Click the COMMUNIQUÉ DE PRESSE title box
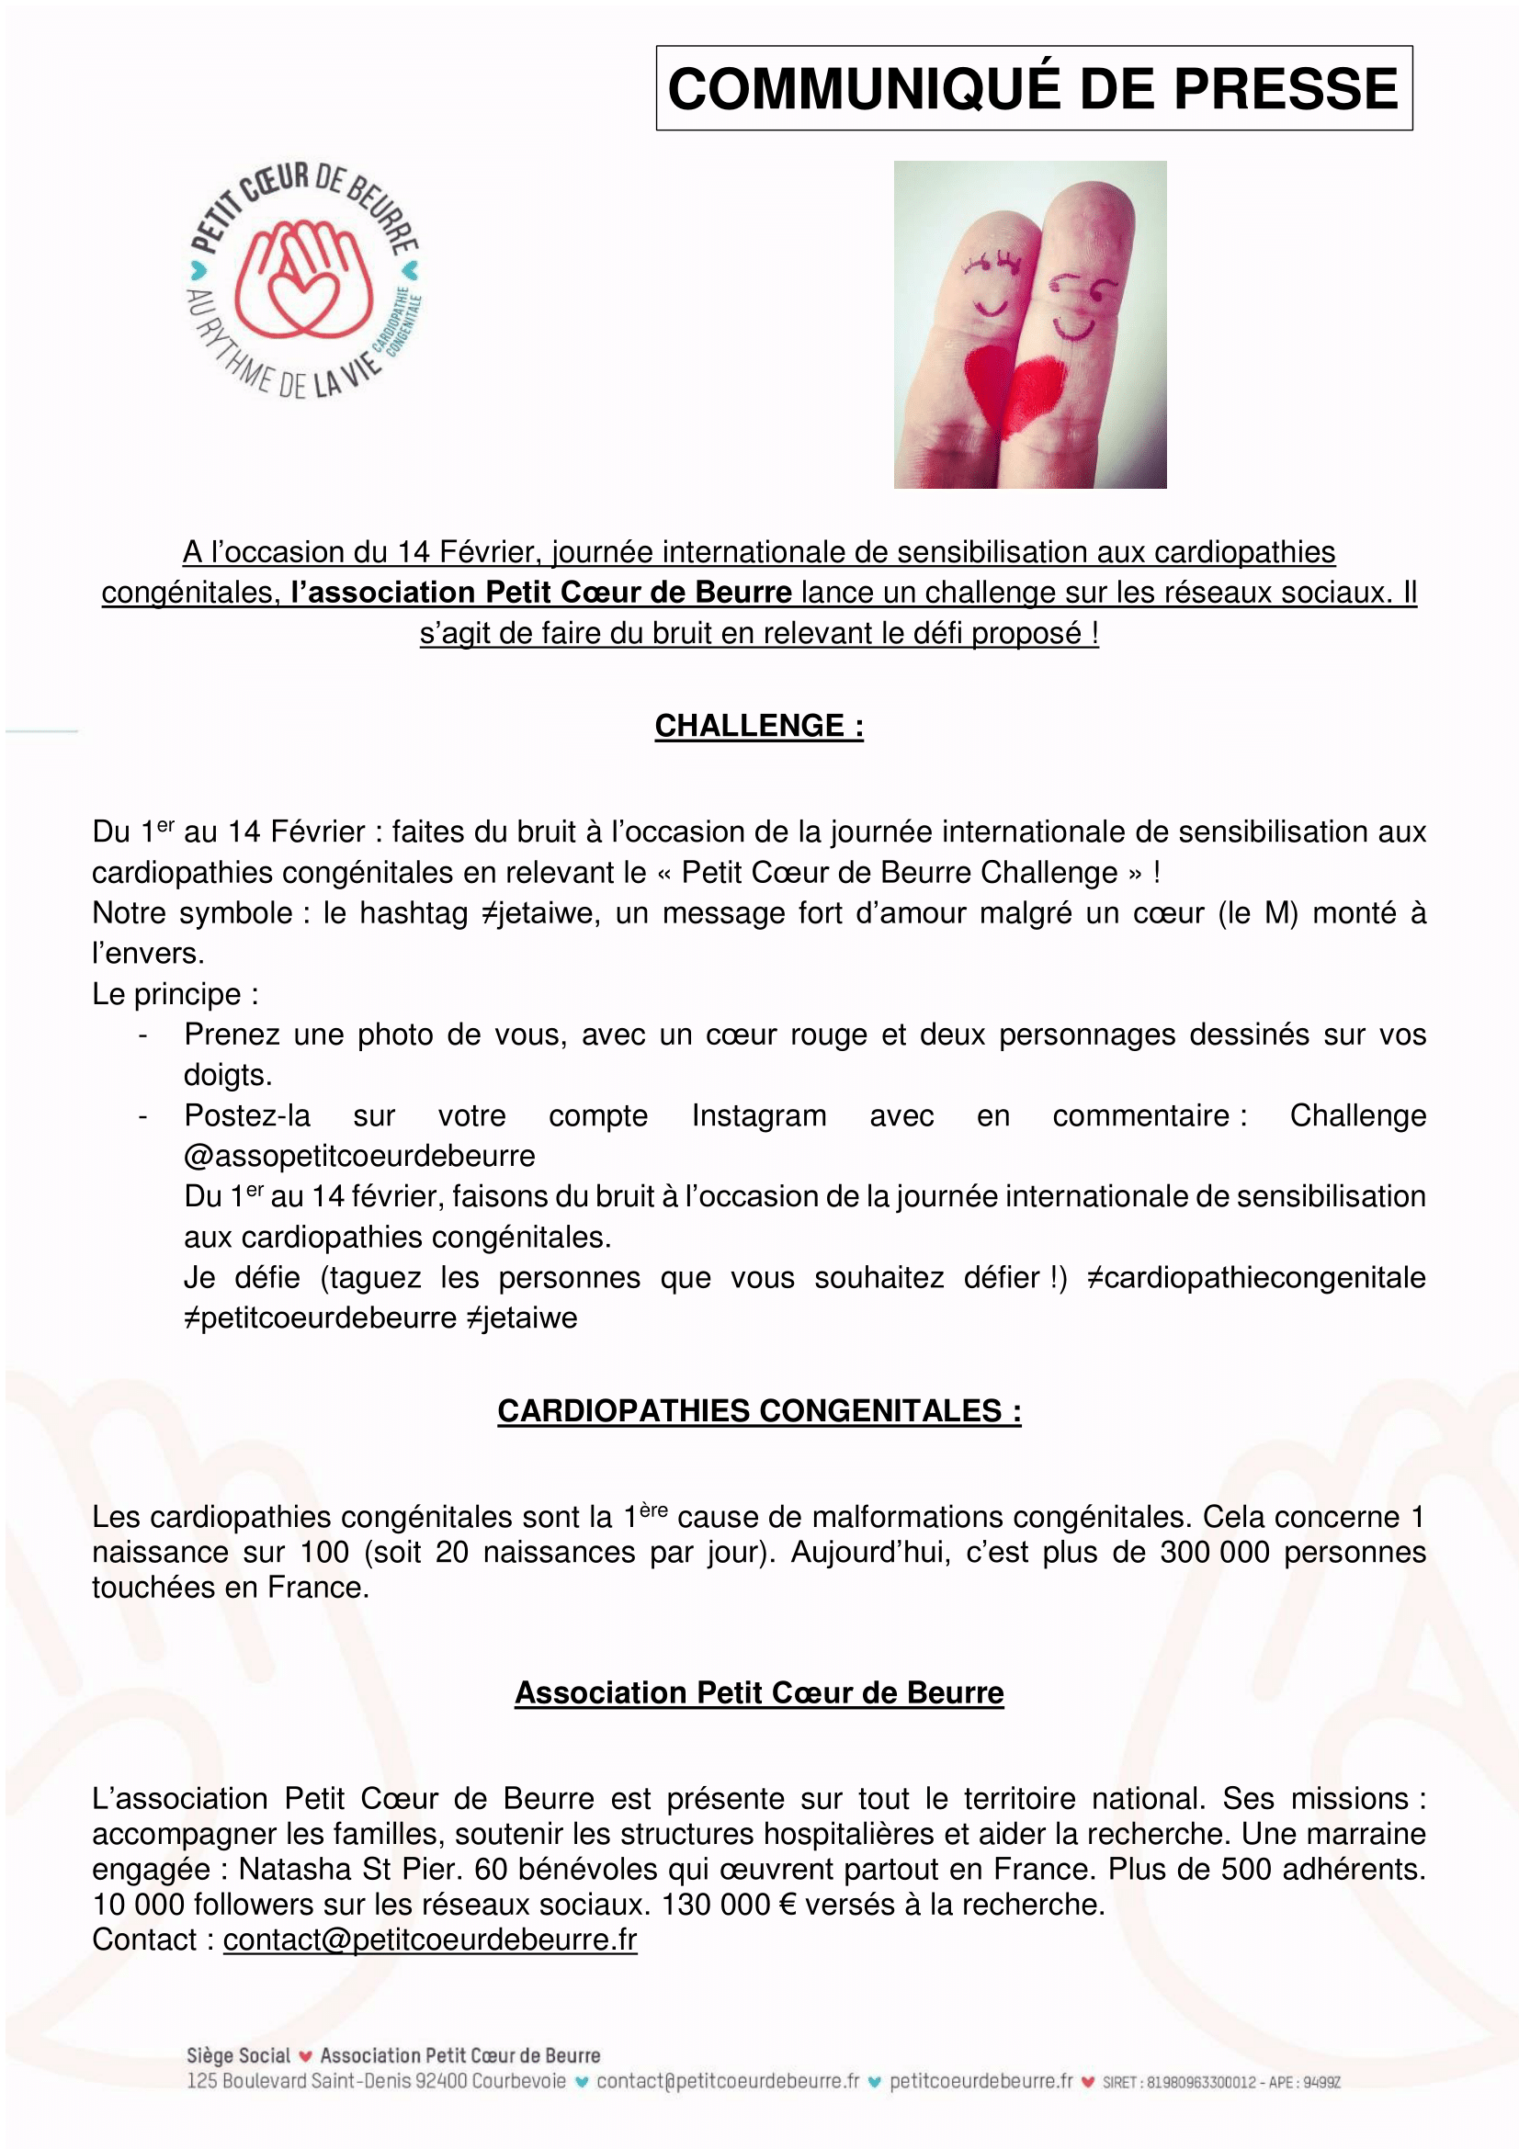point(1033,88)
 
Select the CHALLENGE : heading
point(758,726)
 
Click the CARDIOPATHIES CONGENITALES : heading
point(758,1410)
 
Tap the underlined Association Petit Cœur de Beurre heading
point(758,1692)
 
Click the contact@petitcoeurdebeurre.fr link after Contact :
point(429,1940)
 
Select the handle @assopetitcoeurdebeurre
point(359,1156)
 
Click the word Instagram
point(758,1115)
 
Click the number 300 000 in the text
point(1214,1552)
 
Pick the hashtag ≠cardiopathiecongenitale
point(1255,1278)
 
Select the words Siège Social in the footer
point(238,2055)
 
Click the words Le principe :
point(175,994)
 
